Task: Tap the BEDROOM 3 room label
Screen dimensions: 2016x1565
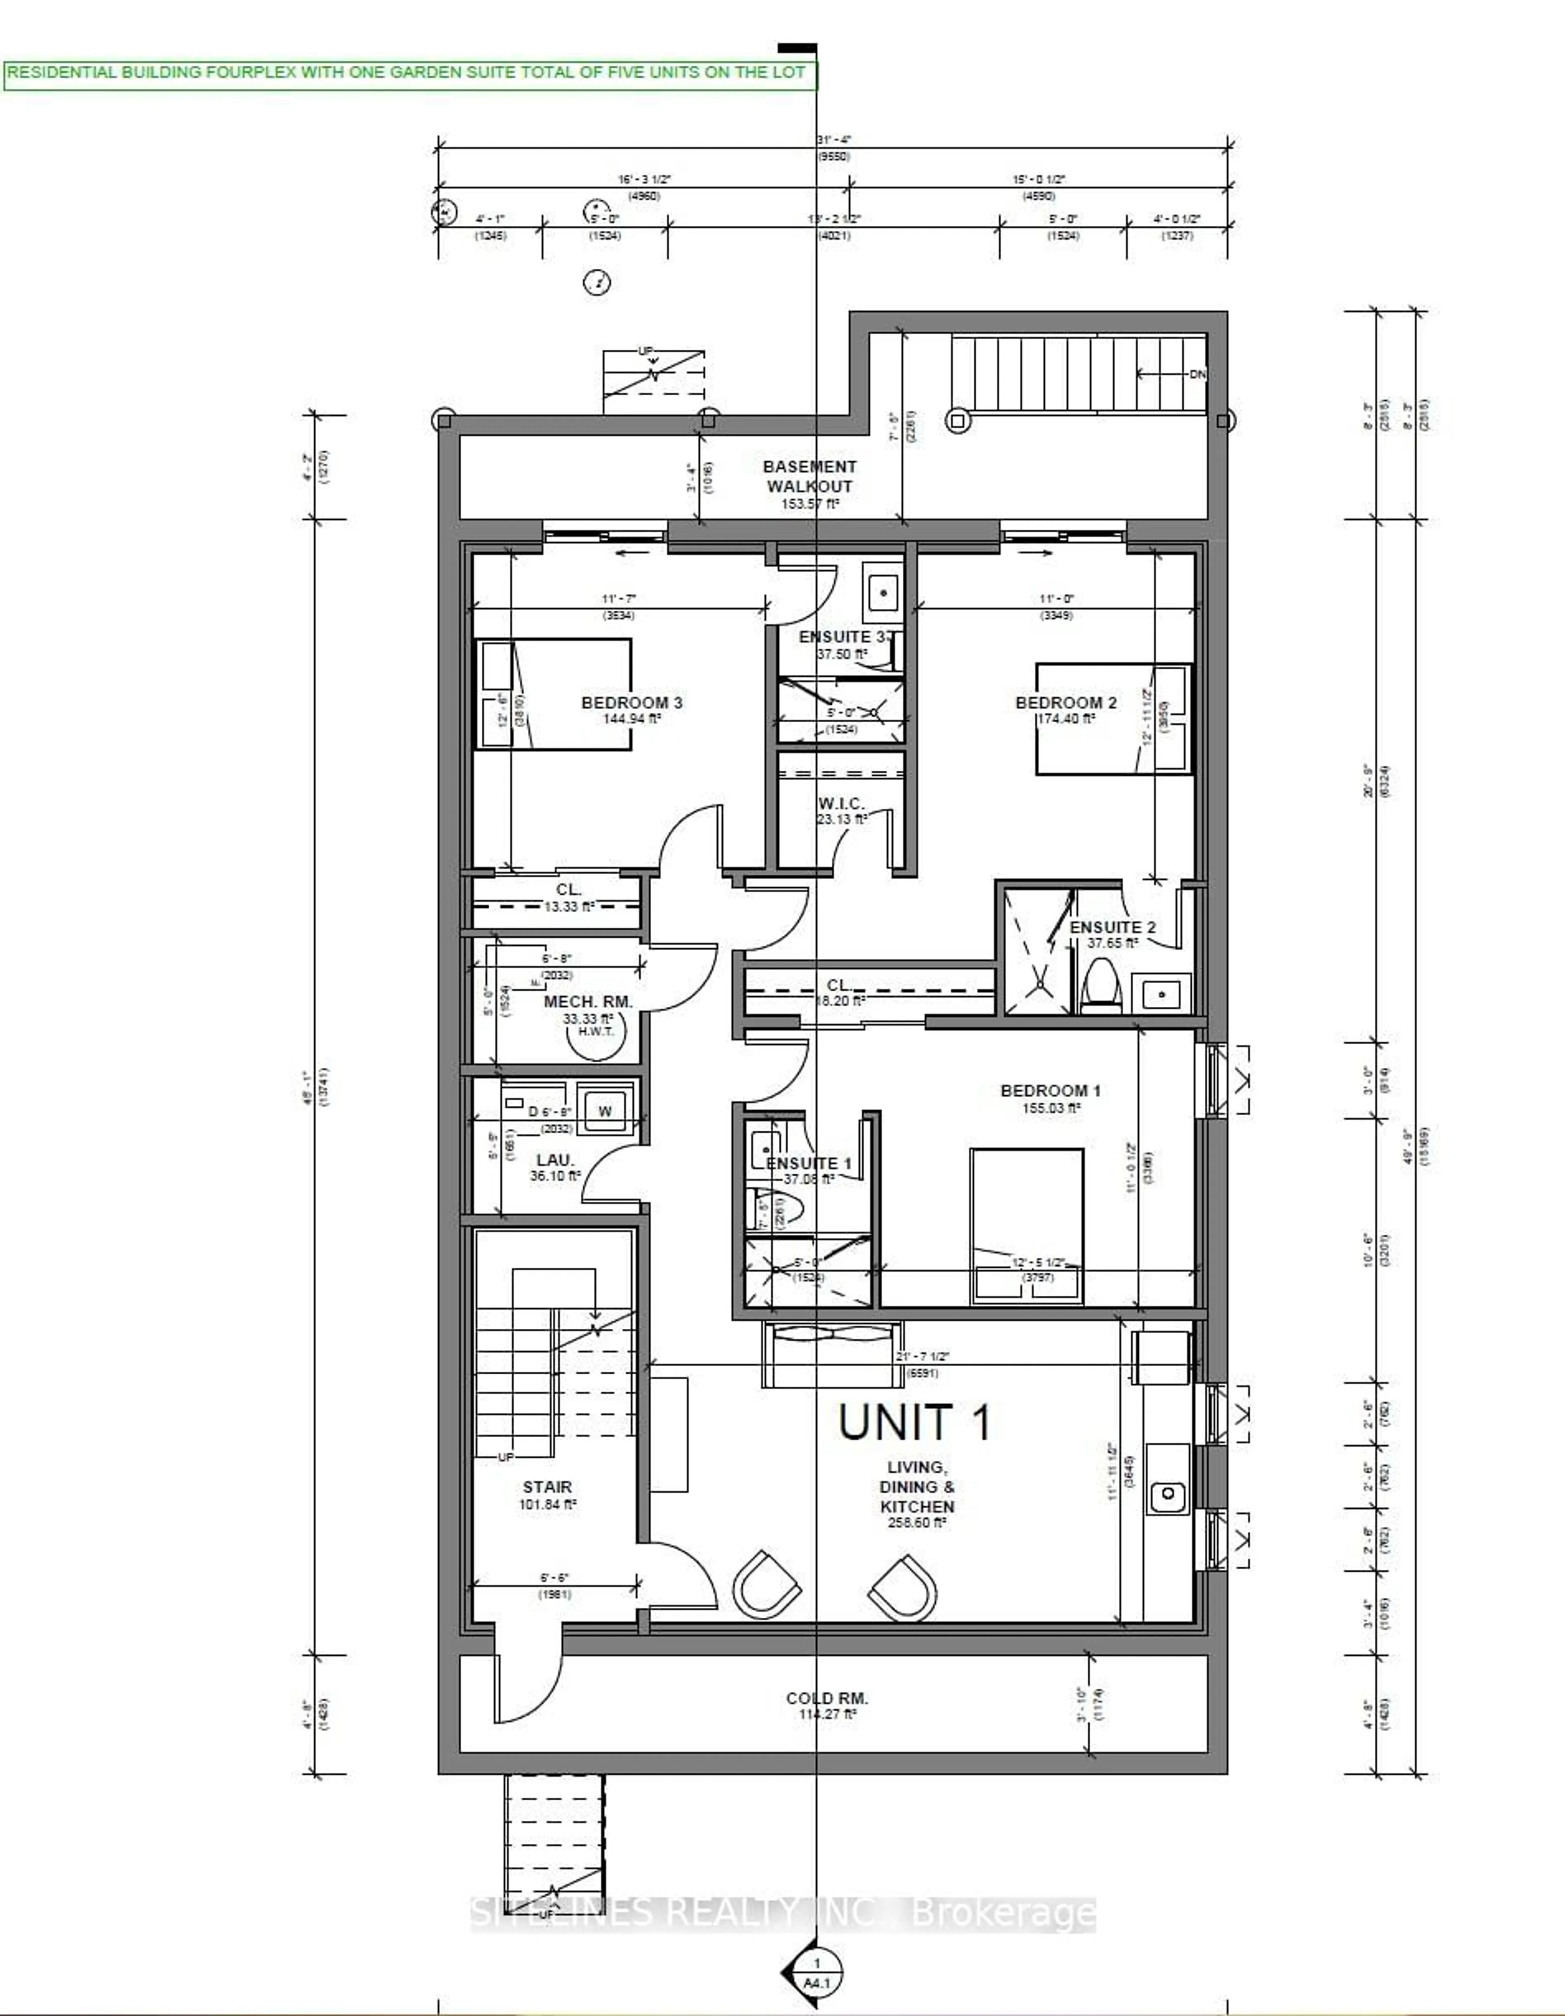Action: [x=632, y=702]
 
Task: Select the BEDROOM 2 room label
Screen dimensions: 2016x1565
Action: [x=1066, y=702]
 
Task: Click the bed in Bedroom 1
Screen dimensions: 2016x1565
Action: [x=1026, y=1226]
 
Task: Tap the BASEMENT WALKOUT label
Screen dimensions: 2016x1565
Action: [x=809, y=476]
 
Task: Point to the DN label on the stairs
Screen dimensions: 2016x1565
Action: [x=1197, y=374]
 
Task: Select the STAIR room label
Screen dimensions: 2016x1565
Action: [x=547, y=1487]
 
